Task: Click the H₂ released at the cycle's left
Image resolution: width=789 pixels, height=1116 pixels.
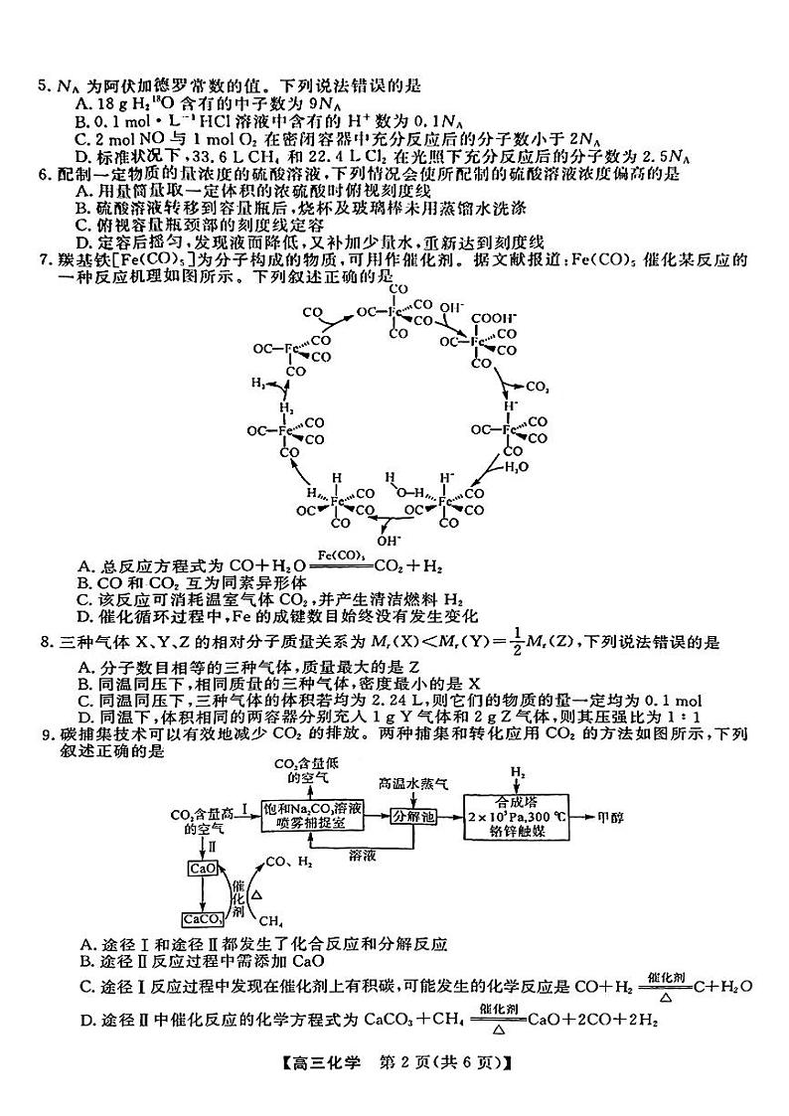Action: point(260,383)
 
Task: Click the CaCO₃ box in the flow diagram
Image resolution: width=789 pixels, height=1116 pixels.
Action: point(202,918)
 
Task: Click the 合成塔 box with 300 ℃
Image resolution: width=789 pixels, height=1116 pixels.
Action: point(516,816)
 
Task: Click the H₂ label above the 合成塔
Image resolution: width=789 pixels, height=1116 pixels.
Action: point(517,771)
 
